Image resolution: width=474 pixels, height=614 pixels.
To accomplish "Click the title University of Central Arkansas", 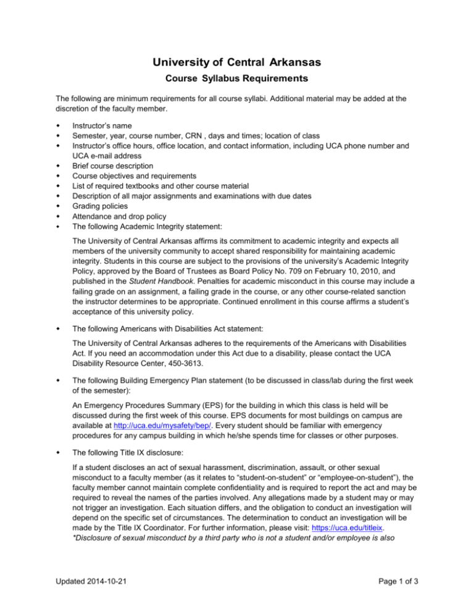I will pyautogui.click(x=236, y=62).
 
